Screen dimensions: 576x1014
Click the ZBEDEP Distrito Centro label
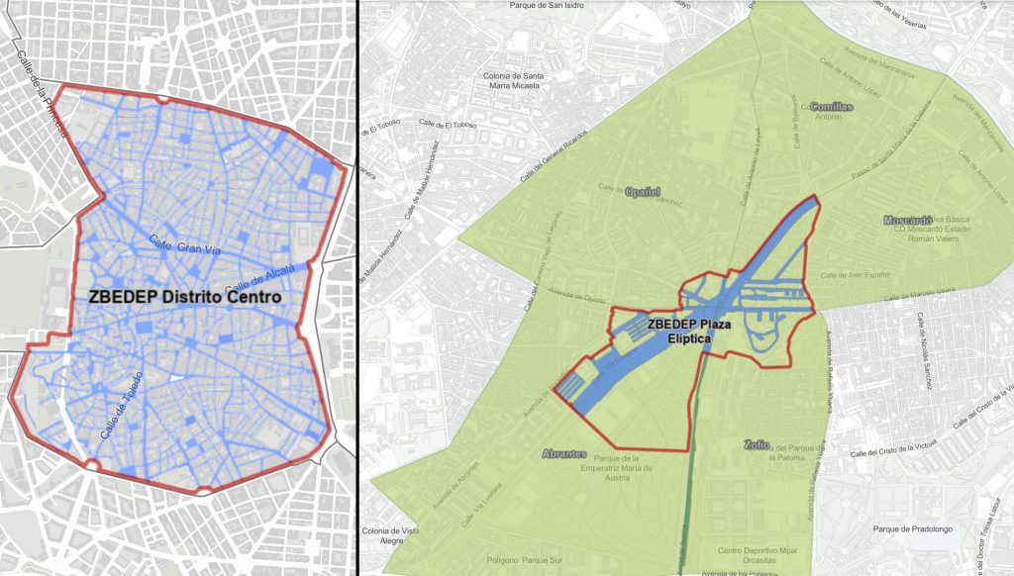pyautogui.click(x=184, y=296)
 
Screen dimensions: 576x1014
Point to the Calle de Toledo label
pyautogui.click(x=122, y=406)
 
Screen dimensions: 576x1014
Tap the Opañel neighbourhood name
pyautogui.click(x=643, y=190)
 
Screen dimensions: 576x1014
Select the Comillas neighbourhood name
pyautogui.click(x=831, y=106)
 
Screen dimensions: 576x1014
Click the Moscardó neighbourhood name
pyautogui.click(x=908, y=220)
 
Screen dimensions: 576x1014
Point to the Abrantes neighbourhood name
pyautogui.click(x=565, y=453)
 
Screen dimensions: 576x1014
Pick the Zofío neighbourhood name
pyautogui.click(x=757, y=445)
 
